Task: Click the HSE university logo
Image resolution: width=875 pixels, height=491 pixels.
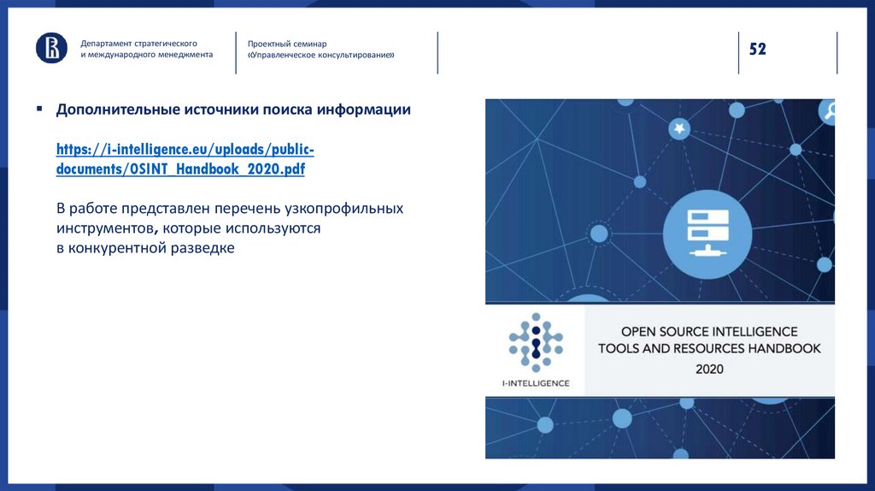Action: (x=51, y=48)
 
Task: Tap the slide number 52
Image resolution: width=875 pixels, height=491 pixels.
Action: (x=758, y=49)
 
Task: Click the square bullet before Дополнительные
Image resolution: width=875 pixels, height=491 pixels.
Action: (x=39, y=109)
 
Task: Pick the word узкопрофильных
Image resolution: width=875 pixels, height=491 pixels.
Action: (x=351, y=209)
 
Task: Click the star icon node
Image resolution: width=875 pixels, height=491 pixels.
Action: (x=678, y=128)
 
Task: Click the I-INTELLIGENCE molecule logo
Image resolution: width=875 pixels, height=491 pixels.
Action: (x=534, y=341)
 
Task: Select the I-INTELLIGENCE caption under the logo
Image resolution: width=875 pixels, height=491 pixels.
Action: (x=535, y=382)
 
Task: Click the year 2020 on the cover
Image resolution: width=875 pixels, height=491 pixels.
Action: (x=708, y=369)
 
